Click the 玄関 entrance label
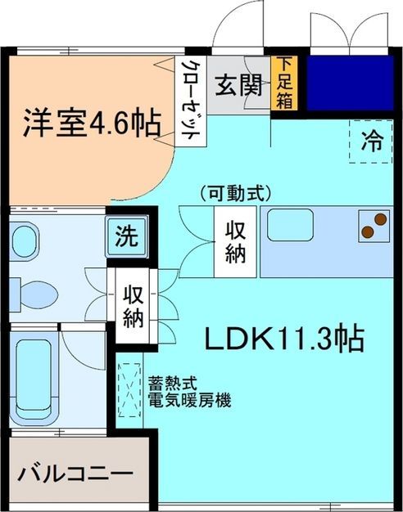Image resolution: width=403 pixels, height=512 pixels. tap(238, 83)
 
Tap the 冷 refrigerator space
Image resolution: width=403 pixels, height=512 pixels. tap(372, 141)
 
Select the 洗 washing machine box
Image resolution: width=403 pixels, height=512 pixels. tap(126, 237)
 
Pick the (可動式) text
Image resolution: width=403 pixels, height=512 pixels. tap(234, 194)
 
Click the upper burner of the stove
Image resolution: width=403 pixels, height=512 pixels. tap(380, 218)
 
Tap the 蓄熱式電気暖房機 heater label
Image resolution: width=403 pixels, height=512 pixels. tap(189, 392)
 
